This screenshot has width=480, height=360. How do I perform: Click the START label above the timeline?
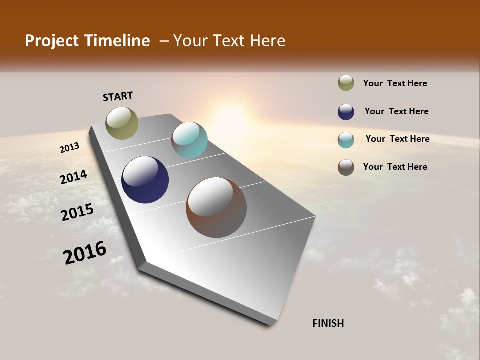pyautogui.click(x=118, y=96)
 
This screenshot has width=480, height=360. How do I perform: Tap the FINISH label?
pyautogui.click(x=328, y=323)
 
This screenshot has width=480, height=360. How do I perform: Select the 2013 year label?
pyautogui.click(x=70, y=148)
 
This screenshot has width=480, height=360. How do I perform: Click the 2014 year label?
pyautogui.click(x=74, y=177)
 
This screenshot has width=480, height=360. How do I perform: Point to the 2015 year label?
pyautogui.click(x=77, y=212)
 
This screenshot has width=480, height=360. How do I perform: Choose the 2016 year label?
pyautogui.click(x=85, y=252)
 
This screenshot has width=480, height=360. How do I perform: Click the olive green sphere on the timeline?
pyautogui.click(x=122, y=123)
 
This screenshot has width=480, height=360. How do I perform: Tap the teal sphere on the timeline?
pyautogui.click(x=189, y=140)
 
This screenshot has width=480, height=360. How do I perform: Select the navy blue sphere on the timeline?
pyautogui.click(x=145, y=180)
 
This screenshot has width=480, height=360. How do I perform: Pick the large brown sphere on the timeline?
pyautogui.click(x=216, y=207)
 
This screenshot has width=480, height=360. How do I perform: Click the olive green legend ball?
pyautogui.click(x=346, y=83)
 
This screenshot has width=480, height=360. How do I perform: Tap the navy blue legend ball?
pyautogui.click(x=346, y=112)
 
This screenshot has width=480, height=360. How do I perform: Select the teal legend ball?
pyautogui.click(x=346, y=140)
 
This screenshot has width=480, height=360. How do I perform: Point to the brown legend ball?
pyautogui.click(x=346, y=167)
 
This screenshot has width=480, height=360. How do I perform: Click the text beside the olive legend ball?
pyautogui.click(x=395, y=83)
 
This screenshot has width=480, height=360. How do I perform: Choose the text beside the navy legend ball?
pyautogui.click(x=396, y=111)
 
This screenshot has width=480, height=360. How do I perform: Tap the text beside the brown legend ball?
pyautogui.click(x=395, y=167)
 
